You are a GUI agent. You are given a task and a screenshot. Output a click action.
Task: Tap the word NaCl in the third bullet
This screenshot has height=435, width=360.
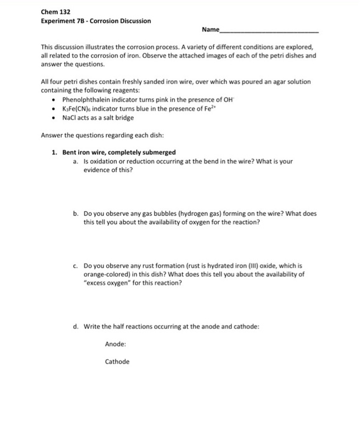point(69,117)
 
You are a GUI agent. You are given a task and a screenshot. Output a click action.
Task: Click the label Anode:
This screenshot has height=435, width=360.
point(116,343)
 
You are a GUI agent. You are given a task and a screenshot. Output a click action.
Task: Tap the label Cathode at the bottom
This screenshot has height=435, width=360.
point(118,362)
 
